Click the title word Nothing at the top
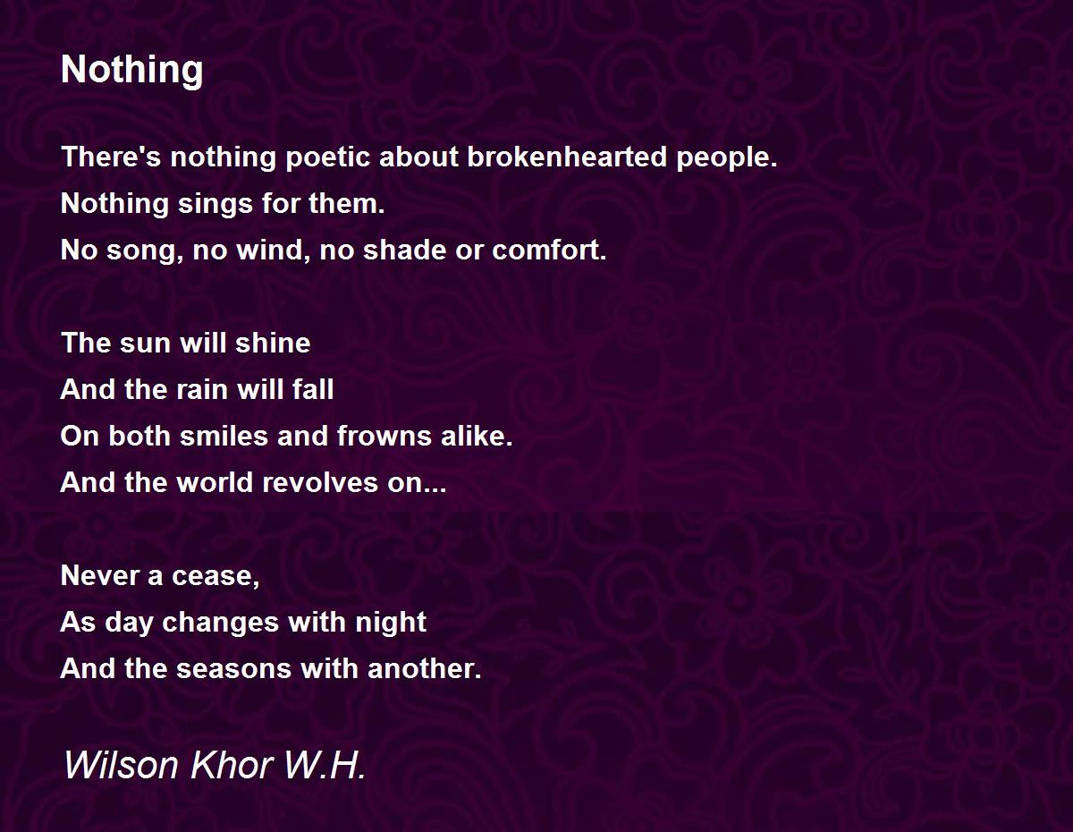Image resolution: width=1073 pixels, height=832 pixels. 131,71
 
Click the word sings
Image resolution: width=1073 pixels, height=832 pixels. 215,205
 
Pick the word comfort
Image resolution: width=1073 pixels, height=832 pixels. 549,250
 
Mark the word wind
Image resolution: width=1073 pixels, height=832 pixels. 273,251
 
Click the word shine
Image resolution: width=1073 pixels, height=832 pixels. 273,343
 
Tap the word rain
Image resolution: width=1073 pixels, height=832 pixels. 202,389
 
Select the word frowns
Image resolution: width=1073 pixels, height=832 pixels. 384,437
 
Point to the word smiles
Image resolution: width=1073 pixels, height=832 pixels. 224,437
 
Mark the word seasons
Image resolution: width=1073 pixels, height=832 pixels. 233,669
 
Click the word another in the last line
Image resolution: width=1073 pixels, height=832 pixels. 424,668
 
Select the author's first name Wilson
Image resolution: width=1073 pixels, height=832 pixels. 121,765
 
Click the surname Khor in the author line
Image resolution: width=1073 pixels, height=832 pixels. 232,765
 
